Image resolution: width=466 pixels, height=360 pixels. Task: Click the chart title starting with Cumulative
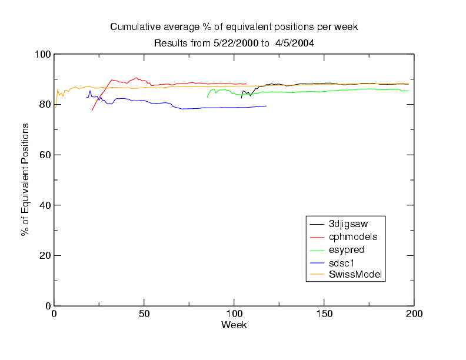[x=234, y=27]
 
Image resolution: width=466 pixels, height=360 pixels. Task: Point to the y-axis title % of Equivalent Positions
[x=25, y=179]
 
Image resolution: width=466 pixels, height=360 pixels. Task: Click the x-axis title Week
[x=234, y=325]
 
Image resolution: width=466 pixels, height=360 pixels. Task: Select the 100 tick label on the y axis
[x=43, y=55]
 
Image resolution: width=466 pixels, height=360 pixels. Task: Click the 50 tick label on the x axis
[x=144, y=314]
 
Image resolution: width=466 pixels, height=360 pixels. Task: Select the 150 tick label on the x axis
[x=324, y=314]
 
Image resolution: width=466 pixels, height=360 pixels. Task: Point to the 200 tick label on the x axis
[x=414, y=314]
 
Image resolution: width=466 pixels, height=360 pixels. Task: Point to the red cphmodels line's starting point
[x=92, y=111]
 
